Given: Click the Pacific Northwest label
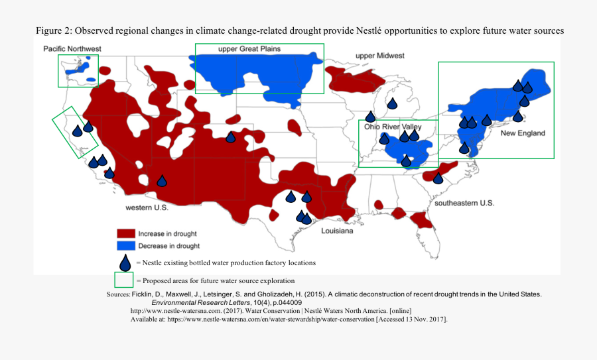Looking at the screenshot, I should (x=72, y=48).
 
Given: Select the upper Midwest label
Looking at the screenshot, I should (x=379, y=56).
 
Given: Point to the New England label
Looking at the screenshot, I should (x=522, y=133).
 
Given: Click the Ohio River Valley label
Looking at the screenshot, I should (x=393, y=127).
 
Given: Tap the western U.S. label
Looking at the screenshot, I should (x=147, y=208).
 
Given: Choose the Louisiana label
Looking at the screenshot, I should (x=337, y=231).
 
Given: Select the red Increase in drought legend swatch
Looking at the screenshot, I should (x=126, y=234).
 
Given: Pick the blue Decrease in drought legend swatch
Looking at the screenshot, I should (x=126, y=245).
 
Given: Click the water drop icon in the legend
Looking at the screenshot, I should (x=125, y=263).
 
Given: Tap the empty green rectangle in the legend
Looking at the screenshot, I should (x=125, y=280).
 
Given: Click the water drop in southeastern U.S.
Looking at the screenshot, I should (x=438, y=178).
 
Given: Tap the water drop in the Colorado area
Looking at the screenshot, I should (x=230, y=137).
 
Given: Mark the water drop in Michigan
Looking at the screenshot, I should (x=392, y=103).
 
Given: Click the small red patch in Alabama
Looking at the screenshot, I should (x=380, y=205).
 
